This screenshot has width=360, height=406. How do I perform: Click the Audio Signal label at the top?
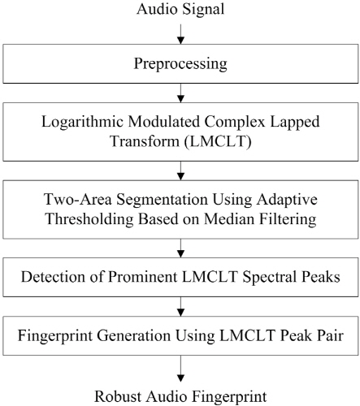pyautogui.click(x=180, y=9)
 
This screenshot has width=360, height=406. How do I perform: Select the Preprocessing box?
pyautogui.click(x=180, y=63)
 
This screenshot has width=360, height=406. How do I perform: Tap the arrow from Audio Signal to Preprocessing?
pyautogui.click(x=180, y=34)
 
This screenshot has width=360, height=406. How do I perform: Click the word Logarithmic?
pyautogui.click(x=82, y=122)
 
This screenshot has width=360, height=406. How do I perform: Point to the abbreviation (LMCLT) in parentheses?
pyautogui.click(x=218, y=141)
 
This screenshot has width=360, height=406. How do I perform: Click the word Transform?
pyautogui.click(x=145, y=141)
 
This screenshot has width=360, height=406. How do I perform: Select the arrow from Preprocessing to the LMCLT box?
pyautogui.click(x=180, y=93)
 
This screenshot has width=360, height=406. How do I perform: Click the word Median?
pyautogui.click(x=230, y=219)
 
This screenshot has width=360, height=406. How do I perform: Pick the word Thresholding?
pyautogui.click(x=89, y=219)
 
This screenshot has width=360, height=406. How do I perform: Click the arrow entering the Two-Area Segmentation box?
pyautogui.click(x=180, y=171)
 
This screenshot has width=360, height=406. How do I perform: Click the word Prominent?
pyautogui.click(x=143, y=277)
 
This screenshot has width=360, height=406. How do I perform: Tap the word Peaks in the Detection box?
pyautogui.click(x=321, y=277)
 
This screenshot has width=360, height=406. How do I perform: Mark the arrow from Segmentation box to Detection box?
pyautogui.click(x=180, y=248)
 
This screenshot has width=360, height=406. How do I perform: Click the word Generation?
pyautogui.click(x=133, y=335)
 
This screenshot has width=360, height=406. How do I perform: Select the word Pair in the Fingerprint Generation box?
pyautogui.click(x=332, y=335)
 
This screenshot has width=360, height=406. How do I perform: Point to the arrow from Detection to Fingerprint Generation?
pyautogui.click(x=180, y=307)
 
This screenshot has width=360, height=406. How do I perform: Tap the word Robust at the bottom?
pyautogui.click(x=118, y=397)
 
